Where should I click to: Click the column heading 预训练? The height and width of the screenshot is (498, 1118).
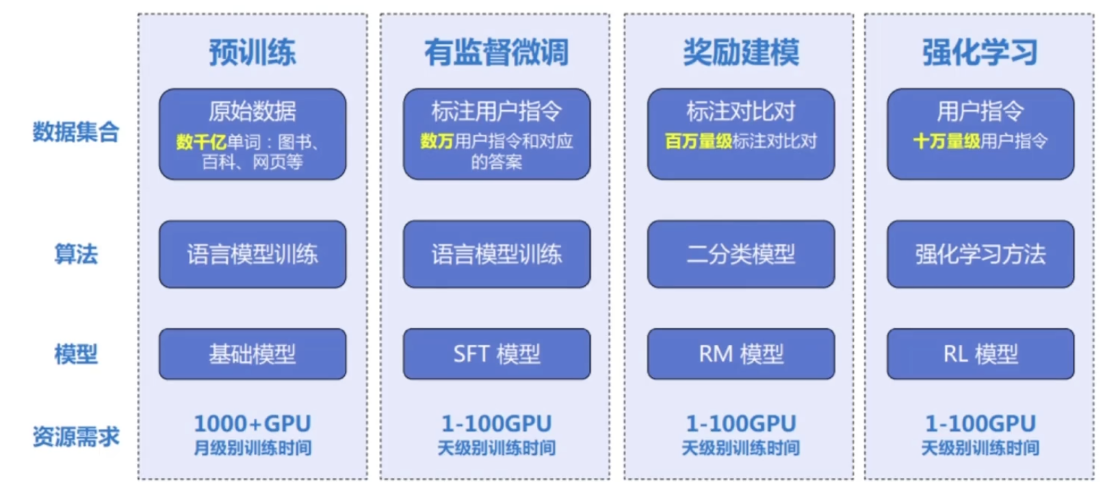click(252, 52)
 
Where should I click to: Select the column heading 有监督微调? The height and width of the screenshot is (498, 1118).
click(497, 52)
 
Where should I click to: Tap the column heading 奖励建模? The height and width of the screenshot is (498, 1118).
click(741, 52)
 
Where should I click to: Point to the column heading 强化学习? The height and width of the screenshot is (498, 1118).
click(980, 52)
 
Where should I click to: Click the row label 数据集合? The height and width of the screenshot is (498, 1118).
click(76, 132)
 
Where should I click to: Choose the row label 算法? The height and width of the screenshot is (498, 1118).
click(76, 254)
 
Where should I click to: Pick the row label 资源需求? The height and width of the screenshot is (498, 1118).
click(76, 436)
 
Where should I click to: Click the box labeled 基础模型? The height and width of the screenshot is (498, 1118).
click(252, 354)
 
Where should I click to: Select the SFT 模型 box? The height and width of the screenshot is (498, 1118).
click(497, 354)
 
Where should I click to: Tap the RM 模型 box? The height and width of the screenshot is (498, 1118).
click(741, 354)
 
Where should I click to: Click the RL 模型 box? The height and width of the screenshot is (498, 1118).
click(980, 354)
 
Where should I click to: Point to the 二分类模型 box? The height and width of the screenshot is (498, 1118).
click(741, 254)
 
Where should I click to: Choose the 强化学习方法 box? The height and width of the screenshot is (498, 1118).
click(980, 254)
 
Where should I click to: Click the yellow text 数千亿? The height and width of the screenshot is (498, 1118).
click(201, 142)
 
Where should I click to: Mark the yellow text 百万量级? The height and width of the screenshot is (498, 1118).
click(699, 141)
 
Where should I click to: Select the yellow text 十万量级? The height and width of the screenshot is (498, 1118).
click(947, 141)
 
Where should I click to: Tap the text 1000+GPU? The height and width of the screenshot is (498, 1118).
click(252, 423)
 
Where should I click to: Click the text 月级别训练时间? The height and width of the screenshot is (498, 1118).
click(252, 447)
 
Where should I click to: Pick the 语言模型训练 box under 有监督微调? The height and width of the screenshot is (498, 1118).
click(497, 254)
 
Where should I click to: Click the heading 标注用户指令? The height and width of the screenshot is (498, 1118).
click(497, 111)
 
